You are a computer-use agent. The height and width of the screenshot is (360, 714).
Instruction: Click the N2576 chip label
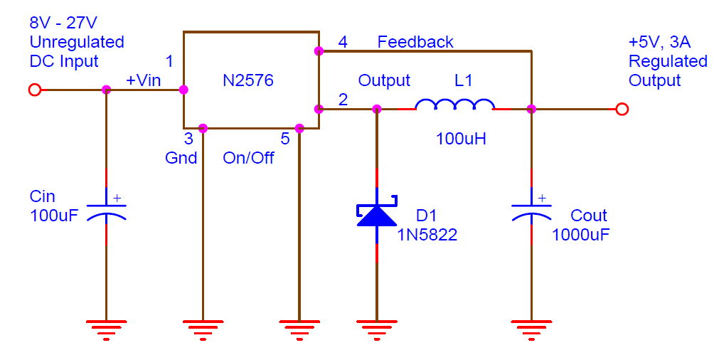tap(248, 81)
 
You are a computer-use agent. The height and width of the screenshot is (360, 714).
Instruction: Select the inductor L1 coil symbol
tap(455, 107)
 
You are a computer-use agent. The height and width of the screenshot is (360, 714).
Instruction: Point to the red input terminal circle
tap(34, 90)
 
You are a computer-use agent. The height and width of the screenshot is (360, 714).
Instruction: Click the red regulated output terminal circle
tap(622, 109)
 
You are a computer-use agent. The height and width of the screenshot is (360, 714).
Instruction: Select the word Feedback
tap(415, 42)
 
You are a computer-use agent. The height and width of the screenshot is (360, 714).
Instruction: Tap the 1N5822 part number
tap(427, 234)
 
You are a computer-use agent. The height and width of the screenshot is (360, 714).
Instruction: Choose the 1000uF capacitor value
tap(581, 234)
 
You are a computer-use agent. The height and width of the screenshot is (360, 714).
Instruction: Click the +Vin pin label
tap(143, 80)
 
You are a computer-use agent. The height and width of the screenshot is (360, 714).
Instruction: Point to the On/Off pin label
tap(248, 158)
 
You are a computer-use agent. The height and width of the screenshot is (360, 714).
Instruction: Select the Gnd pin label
tap(181, 158)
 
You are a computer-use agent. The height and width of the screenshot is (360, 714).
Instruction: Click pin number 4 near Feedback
tap(343, 42)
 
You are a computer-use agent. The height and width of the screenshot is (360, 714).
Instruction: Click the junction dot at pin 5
tap(299, 128)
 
